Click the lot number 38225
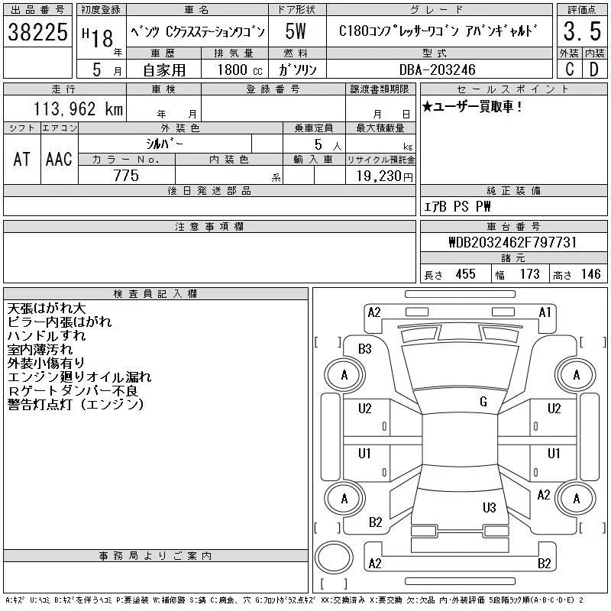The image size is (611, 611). click(37, 32)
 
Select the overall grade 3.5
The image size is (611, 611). click(582, 31)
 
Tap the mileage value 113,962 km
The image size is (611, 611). click(78, 109)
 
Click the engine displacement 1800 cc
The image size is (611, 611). click(240, 70)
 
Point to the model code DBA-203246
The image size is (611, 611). click(437, 70)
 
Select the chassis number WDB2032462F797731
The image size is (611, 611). click(512, 242)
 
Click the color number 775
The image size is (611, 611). click(126, 176)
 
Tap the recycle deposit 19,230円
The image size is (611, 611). click(385, 176)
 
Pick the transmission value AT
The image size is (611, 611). click(22, 159)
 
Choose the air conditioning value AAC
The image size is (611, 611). click(59, 159)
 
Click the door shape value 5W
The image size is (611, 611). click(296, 31)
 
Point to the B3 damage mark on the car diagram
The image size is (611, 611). click(365, 349)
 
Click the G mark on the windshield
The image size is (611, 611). click(483, 402)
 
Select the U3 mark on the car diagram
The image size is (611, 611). click(490, 507)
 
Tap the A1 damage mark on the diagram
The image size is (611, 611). click(545, 312)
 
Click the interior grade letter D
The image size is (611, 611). click(594, 70)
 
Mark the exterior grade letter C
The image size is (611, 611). click(570, 70)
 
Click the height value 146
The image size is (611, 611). click(590, 274)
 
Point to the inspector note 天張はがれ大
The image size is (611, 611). click(47, 309)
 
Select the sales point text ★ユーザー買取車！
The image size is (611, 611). click(472, 106)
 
